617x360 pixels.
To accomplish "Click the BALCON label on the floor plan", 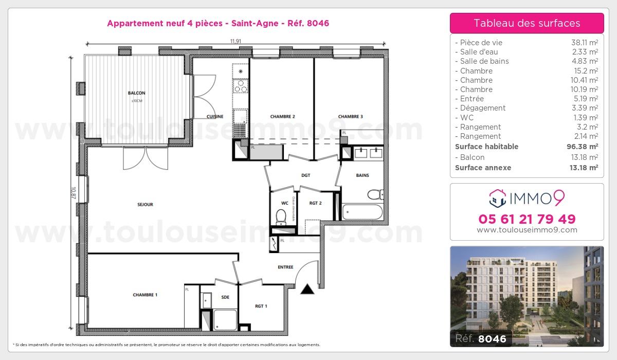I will (x=136, y=93).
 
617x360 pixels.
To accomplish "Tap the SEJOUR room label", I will (x=146, y=205).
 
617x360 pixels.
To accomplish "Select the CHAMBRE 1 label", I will (x=145, y=295).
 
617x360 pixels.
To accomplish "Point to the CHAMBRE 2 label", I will (x=282, y=117).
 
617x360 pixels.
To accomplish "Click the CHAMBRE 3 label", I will (x=351, y=117).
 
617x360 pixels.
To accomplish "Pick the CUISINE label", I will (x=215, y=117).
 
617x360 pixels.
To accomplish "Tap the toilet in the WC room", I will (x=281, y=218).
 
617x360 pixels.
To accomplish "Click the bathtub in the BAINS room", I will (x=362, y=212).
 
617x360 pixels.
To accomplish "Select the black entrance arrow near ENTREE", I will (x=307, y=290).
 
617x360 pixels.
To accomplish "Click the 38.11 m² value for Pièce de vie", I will (x=585, y=43).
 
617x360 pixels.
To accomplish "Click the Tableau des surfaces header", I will (x=527, y=23).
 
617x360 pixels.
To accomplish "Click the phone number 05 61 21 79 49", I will (x=527, y=219).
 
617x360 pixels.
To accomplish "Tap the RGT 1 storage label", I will (x=261, y=306).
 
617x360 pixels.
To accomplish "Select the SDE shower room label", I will (x=225, y=297).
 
